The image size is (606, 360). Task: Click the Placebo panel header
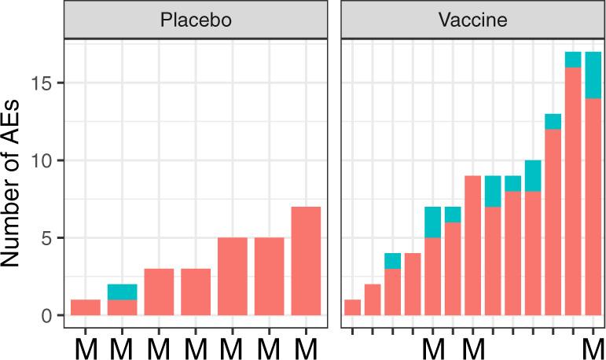pyautogui.click(x=195, y=20)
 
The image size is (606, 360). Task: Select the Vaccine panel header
pyautogui.click(x=472, y=20)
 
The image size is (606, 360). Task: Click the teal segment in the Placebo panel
pyautogui.click(x=122, y=292)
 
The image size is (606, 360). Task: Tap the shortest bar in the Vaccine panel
pyautogui.click(x=352, y=307)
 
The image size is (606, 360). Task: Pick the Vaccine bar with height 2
pyautogui.click(x=372, y=299)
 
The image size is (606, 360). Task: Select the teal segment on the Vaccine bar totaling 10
pyautogui.click(x=533, y=175)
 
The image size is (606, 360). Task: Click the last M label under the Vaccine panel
pyautogui.click(x=592, y=346)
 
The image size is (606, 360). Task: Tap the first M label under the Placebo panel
pyautogui.click(x=86, y=346)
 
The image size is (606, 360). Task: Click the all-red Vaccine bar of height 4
pyautogui.click(x=412, y=284)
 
